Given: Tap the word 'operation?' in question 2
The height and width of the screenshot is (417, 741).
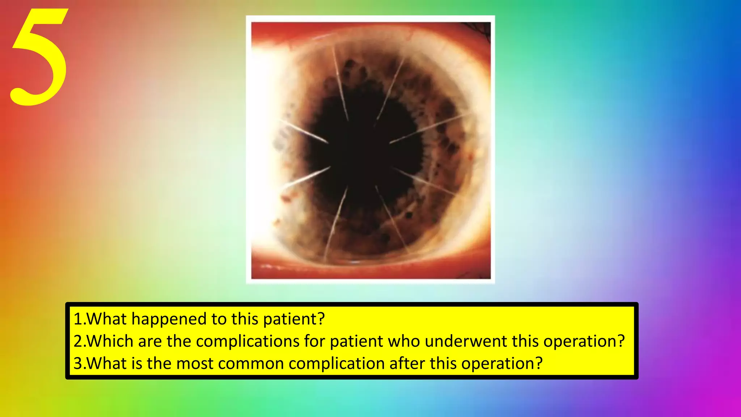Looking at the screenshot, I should pos(584,341).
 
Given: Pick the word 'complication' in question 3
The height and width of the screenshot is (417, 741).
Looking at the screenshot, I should pos(336,363).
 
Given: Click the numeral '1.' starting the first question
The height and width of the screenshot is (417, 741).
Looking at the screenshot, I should pos(79,319).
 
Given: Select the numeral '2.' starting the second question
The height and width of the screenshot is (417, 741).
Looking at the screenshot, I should pos(79,341).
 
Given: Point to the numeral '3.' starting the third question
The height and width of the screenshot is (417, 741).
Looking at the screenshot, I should pos(79,363).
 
